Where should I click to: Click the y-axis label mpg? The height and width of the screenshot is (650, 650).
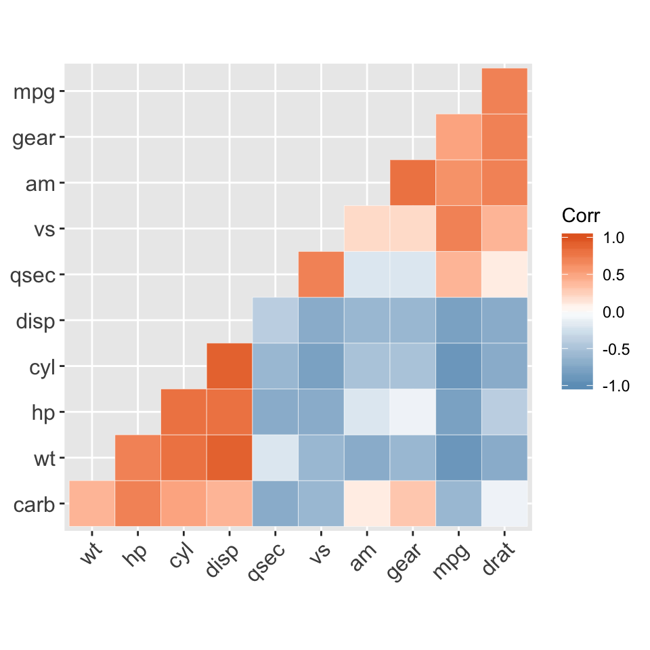(x=34, y=91)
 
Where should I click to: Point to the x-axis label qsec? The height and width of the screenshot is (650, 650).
(x=267, y=561)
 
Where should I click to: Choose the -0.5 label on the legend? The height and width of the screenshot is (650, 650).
(x=613, y=349)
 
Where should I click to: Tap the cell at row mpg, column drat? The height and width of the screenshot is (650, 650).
(x=504, y=91)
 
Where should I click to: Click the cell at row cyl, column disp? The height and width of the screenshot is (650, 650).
(x=230, y=366)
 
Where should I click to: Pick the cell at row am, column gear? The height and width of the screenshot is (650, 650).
(x=412, y=183)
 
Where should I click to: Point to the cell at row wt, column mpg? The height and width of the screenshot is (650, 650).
(x=458, y=458)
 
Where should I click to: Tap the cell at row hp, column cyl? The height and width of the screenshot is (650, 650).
(x=183, y=412)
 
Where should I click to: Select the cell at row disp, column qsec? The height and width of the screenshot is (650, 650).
(x=275, y=320)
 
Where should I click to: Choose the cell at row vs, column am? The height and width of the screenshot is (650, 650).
(x=367, y=229)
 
